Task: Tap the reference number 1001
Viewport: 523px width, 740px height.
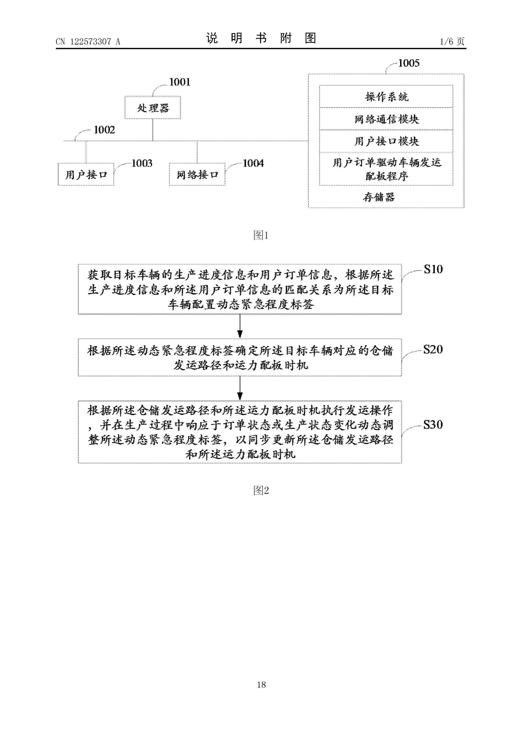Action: tap(180, 82)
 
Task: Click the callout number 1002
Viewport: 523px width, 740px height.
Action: tap(104, 130)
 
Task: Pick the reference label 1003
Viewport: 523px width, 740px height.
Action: tap(142, 163)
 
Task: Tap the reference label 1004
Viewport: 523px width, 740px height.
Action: tap(253, 163)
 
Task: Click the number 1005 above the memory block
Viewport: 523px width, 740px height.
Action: tap(409, 63)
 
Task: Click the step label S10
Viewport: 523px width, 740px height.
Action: tap(433, 269)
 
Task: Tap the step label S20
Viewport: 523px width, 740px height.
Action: tap(433, 349)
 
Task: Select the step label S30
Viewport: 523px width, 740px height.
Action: tap(433, 425)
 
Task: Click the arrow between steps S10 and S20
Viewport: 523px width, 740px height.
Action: tap(240, 326)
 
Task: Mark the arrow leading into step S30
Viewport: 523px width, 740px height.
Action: tap(240, 388)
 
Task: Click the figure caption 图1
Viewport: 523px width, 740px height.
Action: tap(261, 235)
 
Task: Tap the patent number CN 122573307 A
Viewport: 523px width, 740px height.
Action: tap(88, 42)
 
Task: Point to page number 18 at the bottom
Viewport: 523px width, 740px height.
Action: tap(261, 685)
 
